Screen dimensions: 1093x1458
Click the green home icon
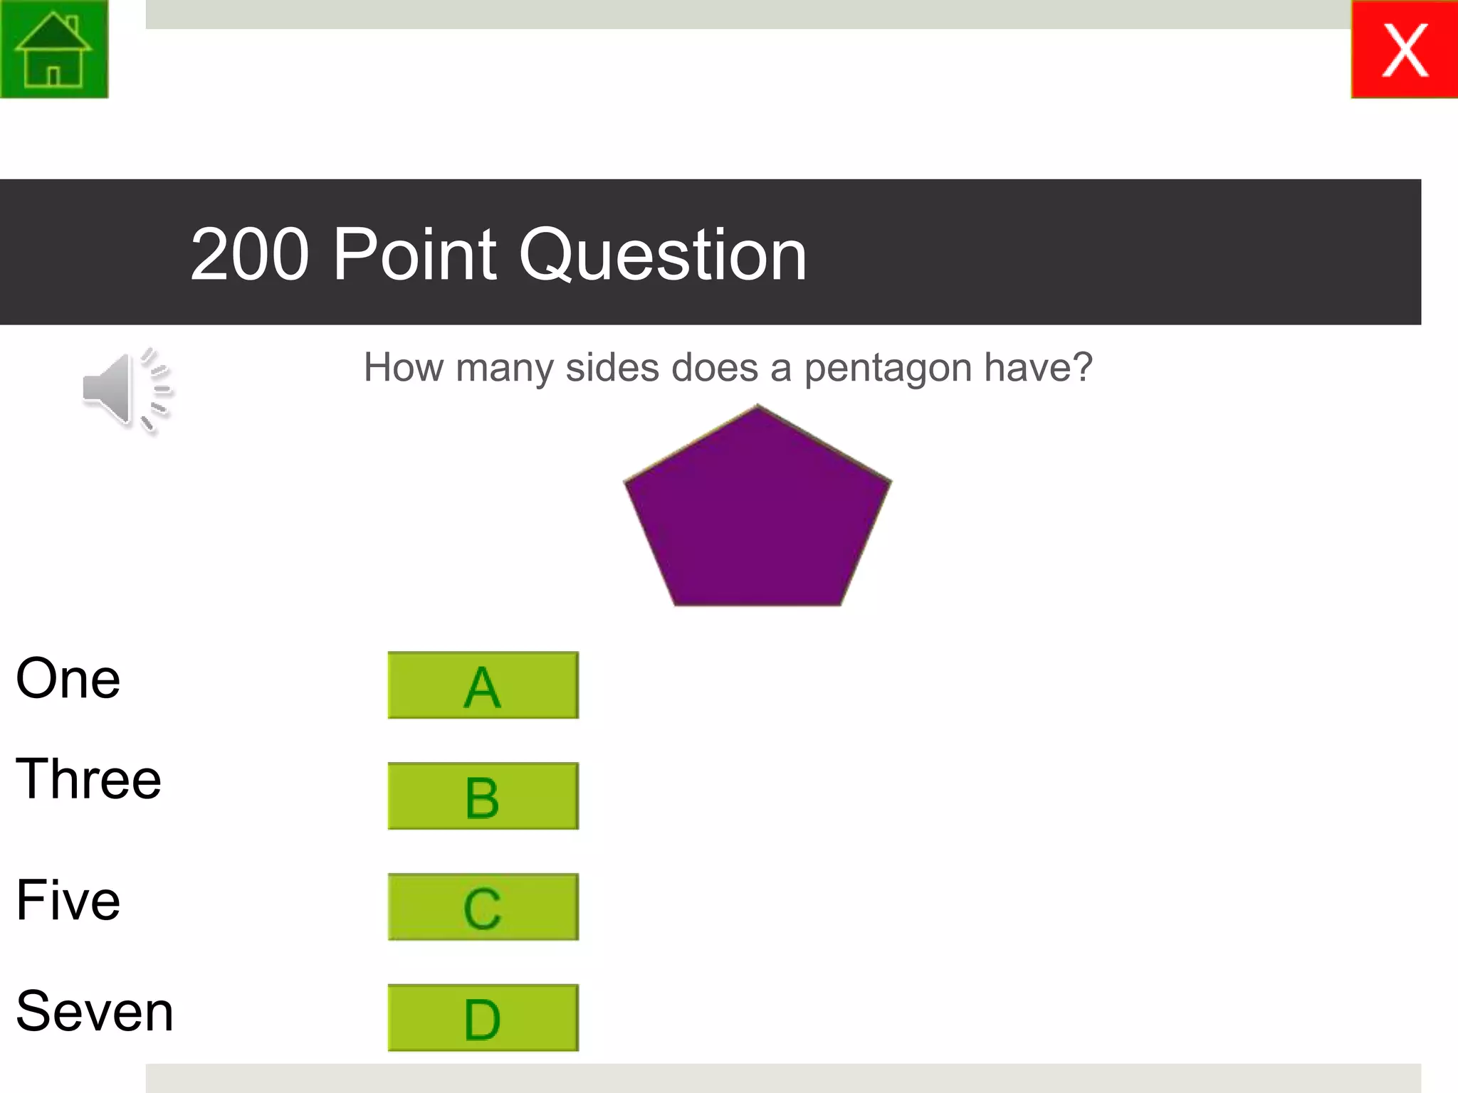click(x=54, y=49)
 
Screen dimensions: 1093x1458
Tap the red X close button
click(x=1404, y=49)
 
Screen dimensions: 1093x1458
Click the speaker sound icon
click(x=127, y=391)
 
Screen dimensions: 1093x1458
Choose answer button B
click(x=483, y=796)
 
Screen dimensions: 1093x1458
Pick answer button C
click(x=483, y=907)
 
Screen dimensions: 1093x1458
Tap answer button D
click(x=483, y=1018)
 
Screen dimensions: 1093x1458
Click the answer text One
click(x=68, y=679)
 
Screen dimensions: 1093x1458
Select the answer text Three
click(x=88, y=779)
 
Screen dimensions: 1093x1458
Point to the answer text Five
click(x=68, y=900)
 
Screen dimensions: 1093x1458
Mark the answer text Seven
click(x=95, y=1011)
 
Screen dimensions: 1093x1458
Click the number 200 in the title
click(x=250, y=255)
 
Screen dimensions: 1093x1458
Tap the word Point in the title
click(x=414, y=255)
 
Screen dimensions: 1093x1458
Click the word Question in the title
click(x=663, y=255)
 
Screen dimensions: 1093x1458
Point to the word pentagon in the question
click(x=888, y=369)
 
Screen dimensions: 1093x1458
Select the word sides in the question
click(x=612, y=367)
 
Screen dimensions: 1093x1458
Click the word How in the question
click(x=404, y=367)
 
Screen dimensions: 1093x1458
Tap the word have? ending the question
click(x=1038, y=367)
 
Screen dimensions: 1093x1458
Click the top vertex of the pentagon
click(x=757, y=406)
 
